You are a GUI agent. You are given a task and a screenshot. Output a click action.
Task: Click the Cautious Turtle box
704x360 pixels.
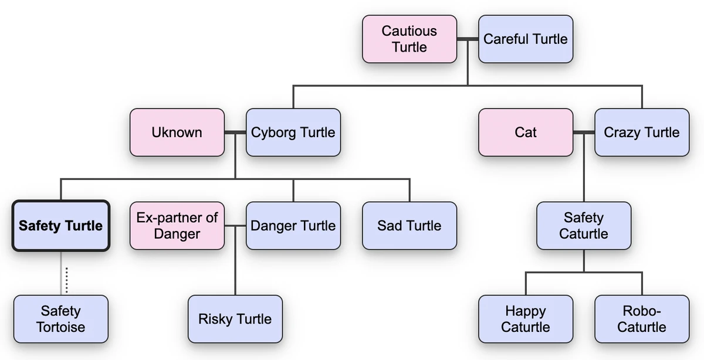409,39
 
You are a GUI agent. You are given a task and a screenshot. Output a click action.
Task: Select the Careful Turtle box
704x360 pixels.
525,39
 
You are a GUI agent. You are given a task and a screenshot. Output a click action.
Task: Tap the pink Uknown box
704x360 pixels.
177,132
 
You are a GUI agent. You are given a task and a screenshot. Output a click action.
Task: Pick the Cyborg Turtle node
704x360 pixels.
293,132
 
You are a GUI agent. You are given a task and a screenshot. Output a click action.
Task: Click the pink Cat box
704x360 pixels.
525,132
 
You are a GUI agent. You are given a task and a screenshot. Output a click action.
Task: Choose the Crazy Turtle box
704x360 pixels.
641,132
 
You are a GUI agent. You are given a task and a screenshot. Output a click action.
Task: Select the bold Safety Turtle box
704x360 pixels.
60,226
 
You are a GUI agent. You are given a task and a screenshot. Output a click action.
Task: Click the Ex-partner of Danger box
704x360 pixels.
177,226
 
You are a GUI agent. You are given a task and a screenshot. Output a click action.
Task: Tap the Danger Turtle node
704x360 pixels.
293,226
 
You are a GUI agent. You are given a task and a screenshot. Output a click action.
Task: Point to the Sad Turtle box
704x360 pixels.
409,226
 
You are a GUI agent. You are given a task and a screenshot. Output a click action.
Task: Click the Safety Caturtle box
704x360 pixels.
583,226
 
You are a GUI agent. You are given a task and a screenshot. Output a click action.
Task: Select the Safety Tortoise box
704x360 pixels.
60,319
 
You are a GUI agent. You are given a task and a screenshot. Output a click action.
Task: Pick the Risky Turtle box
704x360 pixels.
235,319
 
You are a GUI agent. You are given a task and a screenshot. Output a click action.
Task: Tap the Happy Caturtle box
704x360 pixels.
525,319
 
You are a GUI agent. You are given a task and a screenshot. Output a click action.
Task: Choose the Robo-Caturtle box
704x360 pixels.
641,319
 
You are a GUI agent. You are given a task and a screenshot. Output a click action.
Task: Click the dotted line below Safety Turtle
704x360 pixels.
66,280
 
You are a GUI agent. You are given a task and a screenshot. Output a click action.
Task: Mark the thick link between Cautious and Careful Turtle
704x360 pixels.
468,39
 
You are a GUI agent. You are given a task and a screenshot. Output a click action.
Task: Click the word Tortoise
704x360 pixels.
60,327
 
